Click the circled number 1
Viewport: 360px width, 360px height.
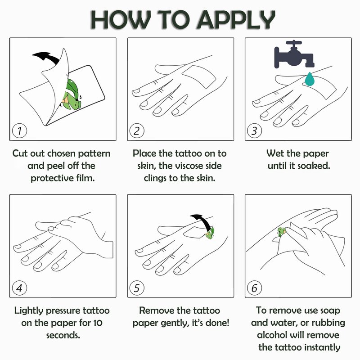pos(19,131)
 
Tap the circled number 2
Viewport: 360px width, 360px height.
pos(137,131)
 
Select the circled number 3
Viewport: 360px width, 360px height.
pos(254,131)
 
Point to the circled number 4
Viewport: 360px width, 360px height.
pos(19,288)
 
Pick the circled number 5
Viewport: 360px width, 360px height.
pos(137,288)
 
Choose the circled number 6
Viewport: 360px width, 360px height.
pos(254,288)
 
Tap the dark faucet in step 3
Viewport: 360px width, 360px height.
pos(294,54)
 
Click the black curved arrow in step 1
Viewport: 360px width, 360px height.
pos(47,58)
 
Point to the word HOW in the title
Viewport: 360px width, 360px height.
pos(121,20)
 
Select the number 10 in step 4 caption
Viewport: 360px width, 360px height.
pos(98,323)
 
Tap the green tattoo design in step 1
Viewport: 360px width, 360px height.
pos(72,94)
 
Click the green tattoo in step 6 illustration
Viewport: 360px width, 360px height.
pos(281,231)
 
